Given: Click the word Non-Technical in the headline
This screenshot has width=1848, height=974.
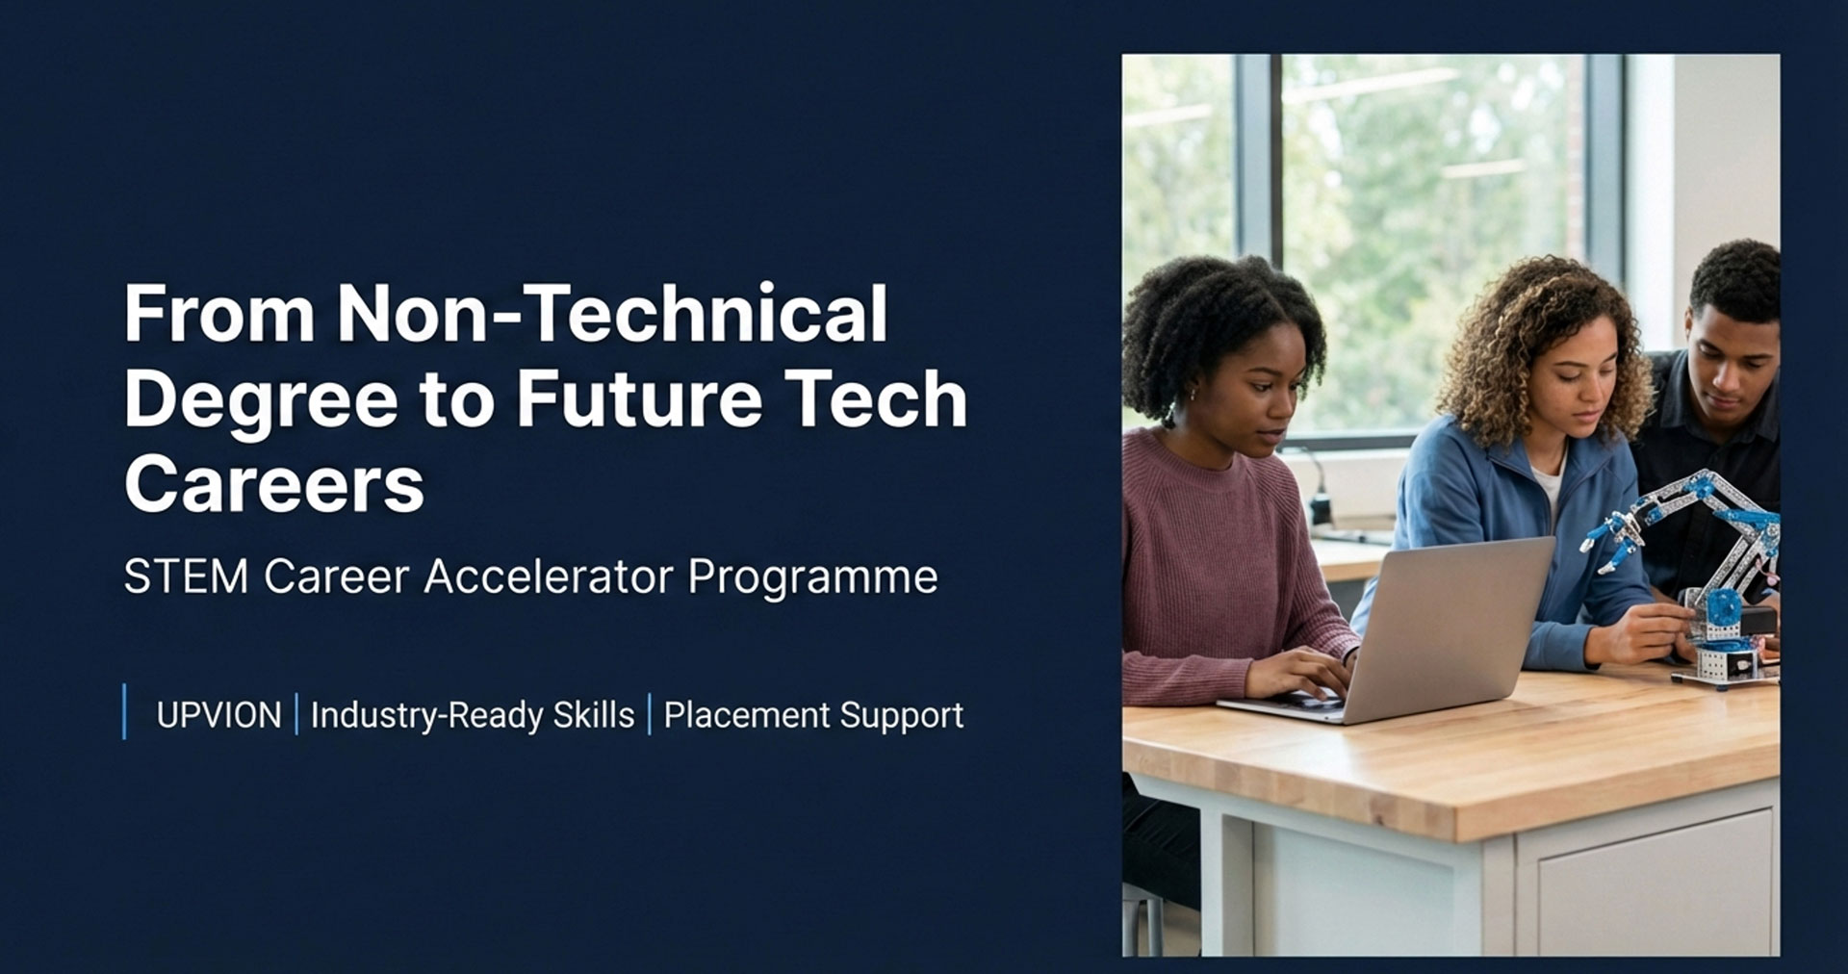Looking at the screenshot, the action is [x=612, y=313].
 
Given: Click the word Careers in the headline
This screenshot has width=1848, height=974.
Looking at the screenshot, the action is [x=274, y=483].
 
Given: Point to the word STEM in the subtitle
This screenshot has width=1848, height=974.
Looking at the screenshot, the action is [x=186, y=577].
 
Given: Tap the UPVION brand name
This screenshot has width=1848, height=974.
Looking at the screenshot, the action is [x=218, y=715].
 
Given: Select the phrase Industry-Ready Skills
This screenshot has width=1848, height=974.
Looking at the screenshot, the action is [x=473, y=716].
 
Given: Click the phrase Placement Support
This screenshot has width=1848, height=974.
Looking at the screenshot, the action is [x=813, y=716].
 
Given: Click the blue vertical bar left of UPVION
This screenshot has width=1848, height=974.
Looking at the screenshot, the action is [x=124, y=711].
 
